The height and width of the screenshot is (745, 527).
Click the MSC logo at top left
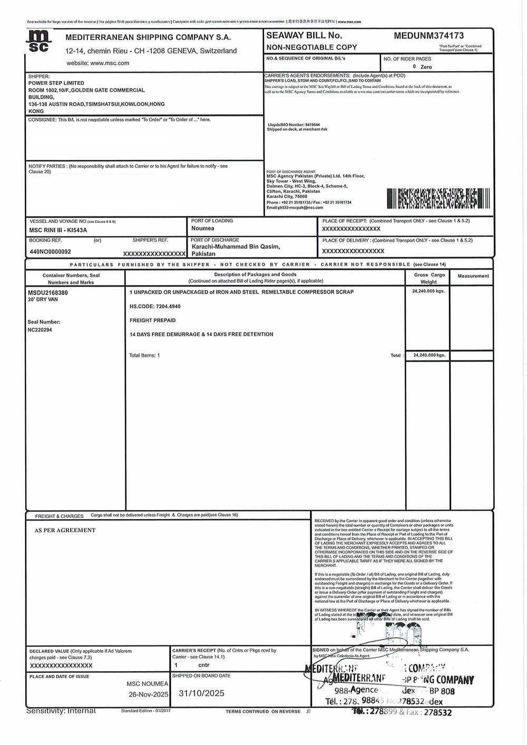(41, 41)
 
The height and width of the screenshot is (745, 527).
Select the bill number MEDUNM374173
(429, 36)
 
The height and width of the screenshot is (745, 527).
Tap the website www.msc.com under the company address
(98, 63)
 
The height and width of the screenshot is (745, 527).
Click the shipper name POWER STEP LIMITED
(56, 83)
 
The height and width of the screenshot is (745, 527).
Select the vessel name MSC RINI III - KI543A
(58, 230)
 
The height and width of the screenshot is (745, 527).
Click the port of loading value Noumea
(203, 229)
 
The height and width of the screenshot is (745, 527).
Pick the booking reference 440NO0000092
(50, 252)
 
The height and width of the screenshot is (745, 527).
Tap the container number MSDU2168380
(47, 292)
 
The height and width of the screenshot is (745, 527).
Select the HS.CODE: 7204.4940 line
(155, 306)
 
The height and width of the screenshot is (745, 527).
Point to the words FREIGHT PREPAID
(152, 320)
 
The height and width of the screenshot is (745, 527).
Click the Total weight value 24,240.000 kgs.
(430, 356)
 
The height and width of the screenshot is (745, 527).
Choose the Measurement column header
(473, 276)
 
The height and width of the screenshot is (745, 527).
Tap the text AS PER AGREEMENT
(65, 531)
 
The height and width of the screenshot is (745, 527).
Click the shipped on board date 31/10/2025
(202, 693)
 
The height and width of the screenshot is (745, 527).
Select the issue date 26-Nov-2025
(149, 694)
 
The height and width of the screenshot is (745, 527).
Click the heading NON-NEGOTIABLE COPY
(311, 47)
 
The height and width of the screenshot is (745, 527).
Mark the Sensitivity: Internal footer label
(61, 711)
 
